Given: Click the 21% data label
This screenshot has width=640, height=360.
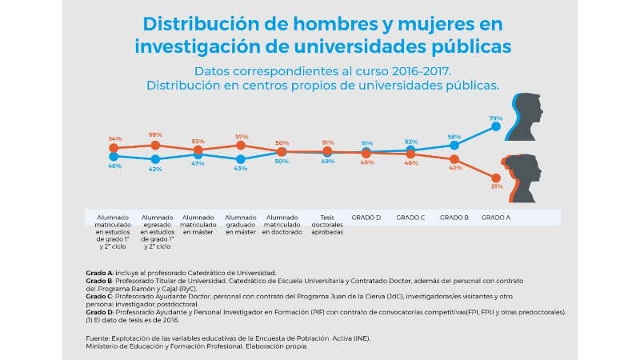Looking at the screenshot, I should pos(496,186).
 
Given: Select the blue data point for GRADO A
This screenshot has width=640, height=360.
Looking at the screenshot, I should pos(497,126).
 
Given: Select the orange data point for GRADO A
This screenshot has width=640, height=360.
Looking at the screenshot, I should pos(497,178).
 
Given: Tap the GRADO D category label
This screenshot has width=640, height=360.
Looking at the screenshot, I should pos(366,217).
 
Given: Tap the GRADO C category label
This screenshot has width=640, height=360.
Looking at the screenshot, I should pos(410,217).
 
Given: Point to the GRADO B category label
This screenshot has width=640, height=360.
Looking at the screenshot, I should pos(454,217).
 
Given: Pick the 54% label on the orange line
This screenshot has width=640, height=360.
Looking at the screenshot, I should pos(114,138).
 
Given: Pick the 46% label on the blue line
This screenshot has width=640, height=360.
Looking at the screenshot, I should pos(114,166).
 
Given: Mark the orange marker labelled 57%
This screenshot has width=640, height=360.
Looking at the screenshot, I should pos(241,146).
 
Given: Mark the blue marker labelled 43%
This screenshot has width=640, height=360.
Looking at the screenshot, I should pos(241,159).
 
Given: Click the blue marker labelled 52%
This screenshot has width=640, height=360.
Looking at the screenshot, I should pos(411,150).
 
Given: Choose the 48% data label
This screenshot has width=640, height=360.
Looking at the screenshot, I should pos(411,163).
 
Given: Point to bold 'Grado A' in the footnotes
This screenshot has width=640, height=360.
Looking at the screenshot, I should pos(100,273).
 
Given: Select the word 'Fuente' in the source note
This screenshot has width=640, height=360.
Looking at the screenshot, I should pos(97,339).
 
